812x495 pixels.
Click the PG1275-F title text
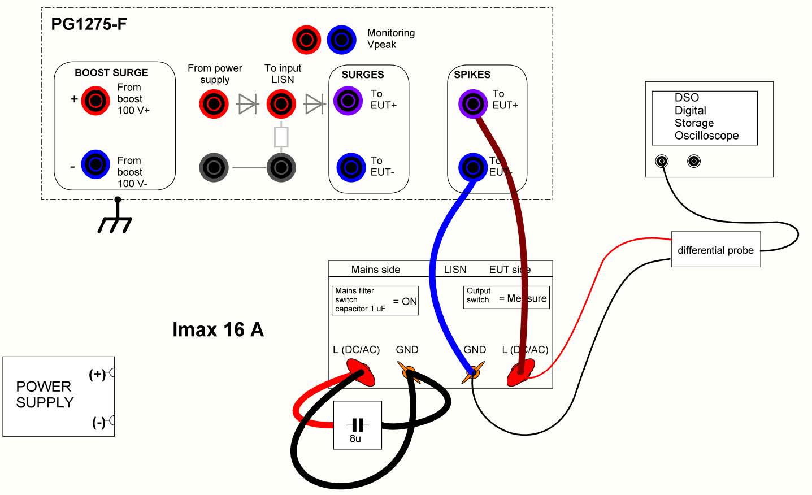click(89, 25)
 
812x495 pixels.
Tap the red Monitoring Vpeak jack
click(306, 40)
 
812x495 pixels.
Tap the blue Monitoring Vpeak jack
click(341, 40)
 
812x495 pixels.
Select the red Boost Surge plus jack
click(95, 101)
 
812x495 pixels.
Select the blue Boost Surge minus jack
click(95, 164)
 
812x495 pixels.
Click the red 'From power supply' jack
click(214, 103)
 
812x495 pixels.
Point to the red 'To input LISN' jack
click(281, 103)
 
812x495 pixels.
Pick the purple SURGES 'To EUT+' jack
click(348, 101)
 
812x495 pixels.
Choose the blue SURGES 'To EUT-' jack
click(351, 167)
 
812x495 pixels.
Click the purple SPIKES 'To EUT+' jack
click(472, 103)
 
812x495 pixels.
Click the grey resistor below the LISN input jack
click(281, 137)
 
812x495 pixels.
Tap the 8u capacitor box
click(357, 425)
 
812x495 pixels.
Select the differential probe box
click(715, 250)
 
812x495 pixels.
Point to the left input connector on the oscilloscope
click(661, 162)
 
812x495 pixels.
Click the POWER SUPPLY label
click(45, 394)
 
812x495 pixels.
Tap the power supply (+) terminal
click(112, 373)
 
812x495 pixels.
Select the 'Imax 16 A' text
click(218, 329)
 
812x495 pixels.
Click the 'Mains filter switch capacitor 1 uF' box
click(375, 300)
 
